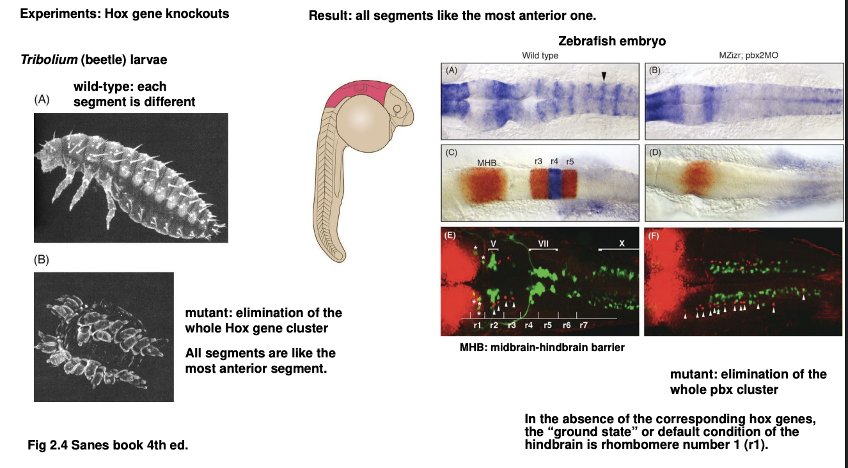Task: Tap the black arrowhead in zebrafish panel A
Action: point(603,77)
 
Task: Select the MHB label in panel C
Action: point(486,164)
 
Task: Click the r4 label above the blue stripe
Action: point(554,161)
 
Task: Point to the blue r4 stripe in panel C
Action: point(554,185)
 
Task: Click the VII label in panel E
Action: point(543,244)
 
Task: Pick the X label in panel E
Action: point(621,244)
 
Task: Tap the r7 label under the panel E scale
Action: point(583,325)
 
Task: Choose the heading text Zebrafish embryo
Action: point(612,42)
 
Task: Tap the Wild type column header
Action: point(540,56)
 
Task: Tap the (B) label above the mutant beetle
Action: point(42,260)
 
